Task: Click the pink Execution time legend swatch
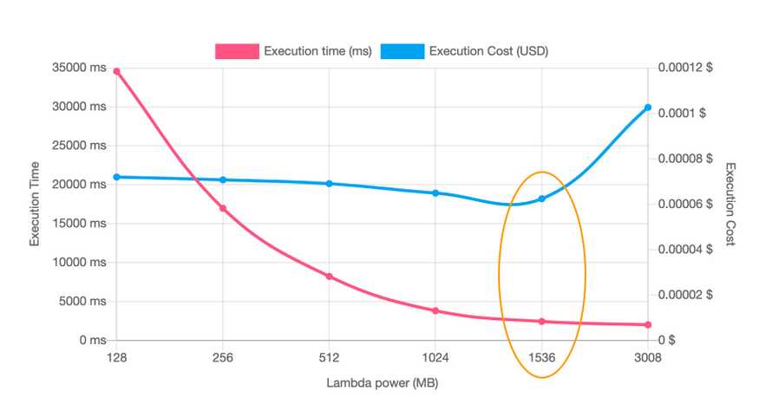coord(237,51)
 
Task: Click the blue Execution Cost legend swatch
coord(402,51)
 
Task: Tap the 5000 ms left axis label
coord(81,301)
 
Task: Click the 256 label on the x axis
coord(223,357)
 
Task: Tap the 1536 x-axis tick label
coord(541,357)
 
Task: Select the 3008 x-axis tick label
coord(647,357)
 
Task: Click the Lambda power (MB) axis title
coord(382,382)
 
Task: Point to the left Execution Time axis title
coord(36,204)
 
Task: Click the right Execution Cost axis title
coord(730,204)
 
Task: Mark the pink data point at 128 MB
coord(116,71)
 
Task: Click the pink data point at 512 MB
coord(329,277)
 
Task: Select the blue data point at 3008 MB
coord(647,108)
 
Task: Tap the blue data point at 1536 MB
coord(541,199)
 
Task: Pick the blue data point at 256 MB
coord(223,179)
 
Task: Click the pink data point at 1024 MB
coord(435,310)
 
